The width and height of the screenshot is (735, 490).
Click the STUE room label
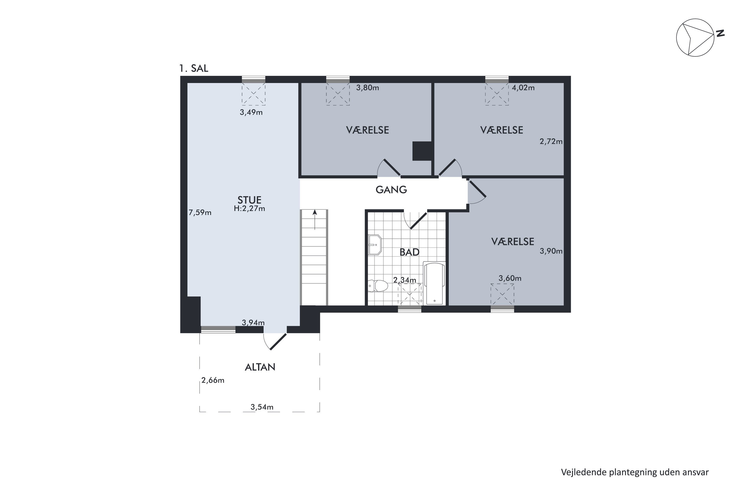(x=249, y=200)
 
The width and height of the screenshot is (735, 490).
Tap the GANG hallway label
(x=391, y=190)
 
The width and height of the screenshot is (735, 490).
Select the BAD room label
(x=409, y=252)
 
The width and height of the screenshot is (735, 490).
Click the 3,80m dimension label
(x=367, y=88)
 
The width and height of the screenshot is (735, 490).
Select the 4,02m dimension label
(x=523, y=88)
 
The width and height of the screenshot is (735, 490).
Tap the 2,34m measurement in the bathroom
(x=404, y=280)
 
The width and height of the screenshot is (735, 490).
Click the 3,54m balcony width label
(x=262, y=407)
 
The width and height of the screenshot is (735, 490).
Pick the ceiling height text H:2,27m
(x=249, y=208)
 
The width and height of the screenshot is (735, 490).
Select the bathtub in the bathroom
(x=434, y=283)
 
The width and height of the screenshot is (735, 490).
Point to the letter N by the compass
(x=720, y=33)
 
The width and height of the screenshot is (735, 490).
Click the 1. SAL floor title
(x=194, y=68)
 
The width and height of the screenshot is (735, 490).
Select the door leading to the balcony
(x=278, y=342)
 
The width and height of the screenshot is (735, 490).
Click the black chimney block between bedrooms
(x=422, y=151)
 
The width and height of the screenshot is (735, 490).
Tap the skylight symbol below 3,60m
(x=502, y=294)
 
